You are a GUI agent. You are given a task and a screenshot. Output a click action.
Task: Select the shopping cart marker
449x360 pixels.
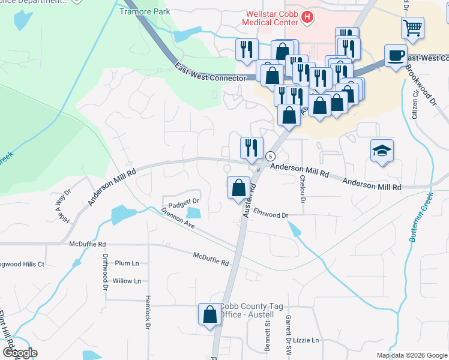412,27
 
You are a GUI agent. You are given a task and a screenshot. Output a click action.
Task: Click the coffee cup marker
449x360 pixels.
395,55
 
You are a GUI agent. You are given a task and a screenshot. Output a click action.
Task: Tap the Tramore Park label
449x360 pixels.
145,11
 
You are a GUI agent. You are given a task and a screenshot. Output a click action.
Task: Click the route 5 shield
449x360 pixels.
270,156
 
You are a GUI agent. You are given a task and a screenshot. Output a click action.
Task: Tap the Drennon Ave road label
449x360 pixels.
178,218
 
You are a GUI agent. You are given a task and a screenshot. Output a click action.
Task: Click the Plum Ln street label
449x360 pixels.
126,263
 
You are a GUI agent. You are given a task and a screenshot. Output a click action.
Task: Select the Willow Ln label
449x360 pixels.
126,281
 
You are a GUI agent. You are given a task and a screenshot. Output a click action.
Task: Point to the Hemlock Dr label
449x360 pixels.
147,312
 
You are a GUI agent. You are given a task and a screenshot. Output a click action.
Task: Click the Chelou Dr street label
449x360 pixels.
303,187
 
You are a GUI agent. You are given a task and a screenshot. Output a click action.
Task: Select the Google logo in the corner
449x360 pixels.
20,353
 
